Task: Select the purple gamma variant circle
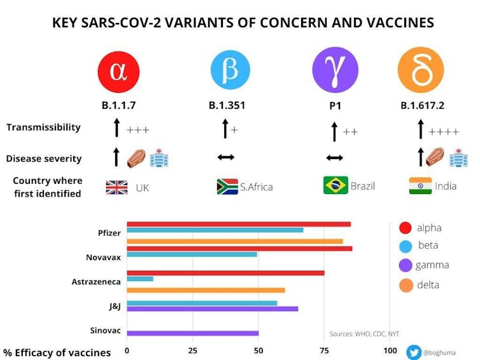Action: (334, 69)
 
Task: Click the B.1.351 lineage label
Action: (227, 106)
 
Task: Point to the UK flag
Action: (116, 188)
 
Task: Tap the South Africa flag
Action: (227, 186)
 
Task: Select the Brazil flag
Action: (335, 185)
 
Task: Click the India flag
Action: (420, 186)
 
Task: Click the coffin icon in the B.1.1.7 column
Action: (137, 156)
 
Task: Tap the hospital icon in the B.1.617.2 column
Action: (458, 157)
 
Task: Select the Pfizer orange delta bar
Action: (235, 241)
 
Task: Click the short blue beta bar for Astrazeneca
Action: (140, 279)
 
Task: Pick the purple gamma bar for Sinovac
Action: (193, 333)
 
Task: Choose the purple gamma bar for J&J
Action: (213, 308)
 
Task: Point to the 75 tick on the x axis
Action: (324, 350)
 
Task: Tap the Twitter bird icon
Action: (414, 352)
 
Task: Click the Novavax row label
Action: (103, 258)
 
